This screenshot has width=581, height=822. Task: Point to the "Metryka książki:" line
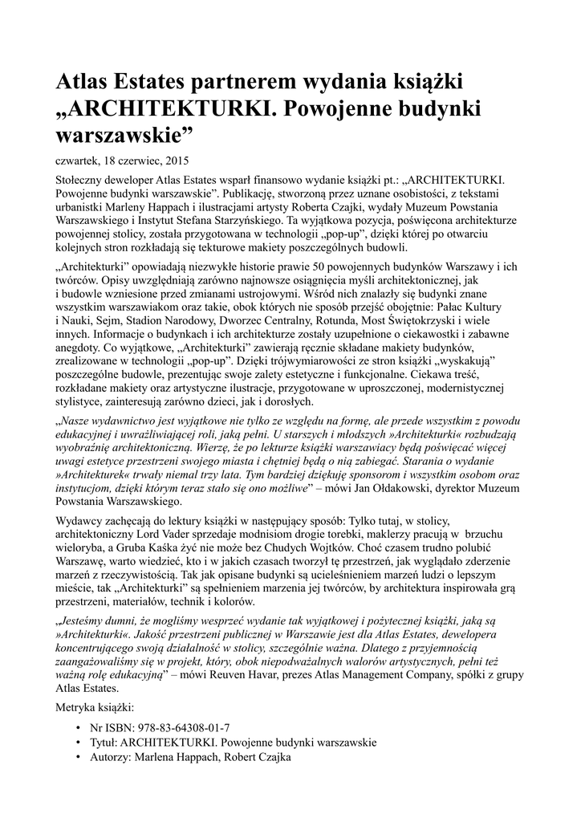point(95,709)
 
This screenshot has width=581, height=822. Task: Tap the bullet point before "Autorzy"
point(76,756)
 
